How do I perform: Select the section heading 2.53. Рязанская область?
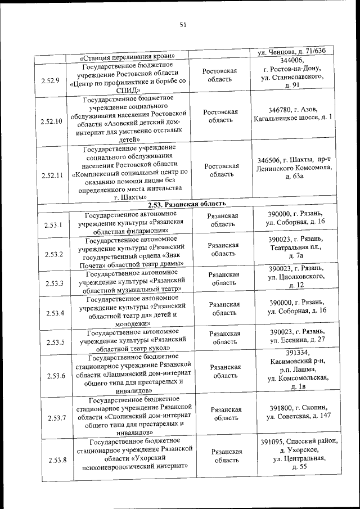191,204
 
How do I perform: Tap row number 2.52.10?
51,121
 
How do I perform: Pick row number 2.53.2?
53,255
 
